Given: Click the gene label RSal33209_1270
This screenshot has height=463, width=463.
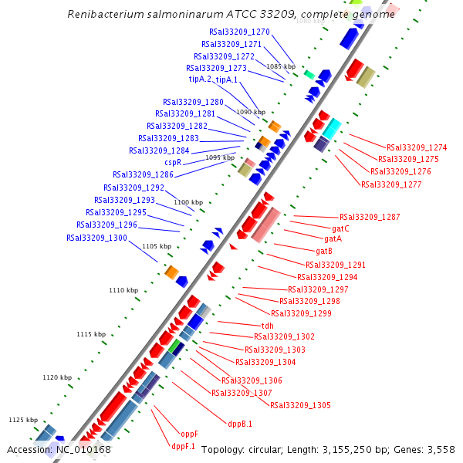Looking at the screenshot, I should [239, 32].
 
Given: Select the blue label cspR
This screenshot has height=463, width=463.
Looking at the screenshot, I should [173, 163].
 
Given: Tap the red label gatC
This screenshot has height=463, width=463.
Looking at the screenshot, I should [340, 228].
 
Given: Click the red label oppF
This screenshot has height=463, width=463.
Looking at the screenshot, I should [189, 434].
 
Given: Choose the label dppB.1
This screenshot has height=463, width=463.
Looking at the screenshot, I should [240, 424].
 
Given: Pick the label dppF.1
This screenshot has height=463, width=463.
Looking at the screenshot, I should [183, 446].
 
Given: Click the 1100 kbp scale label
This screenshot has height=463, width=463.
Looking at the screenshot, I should [188, 202].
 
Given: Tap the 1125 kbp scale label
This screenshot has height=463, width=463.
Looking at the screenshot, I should [23, 420].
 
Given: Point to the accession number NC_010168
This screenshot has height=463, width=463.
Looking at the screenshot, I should [83, 450].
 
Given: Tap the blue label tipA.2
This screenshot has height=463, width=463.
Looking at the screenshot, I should [200, 79].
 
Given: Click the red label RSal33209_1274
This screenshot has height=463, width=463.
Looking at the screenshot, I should [417, 147].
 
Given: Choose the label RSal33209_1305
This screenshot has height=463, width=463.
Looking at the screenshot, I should [300, 405].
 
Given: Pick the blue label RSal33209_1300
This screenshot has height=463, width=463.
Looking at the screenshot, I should [96, 238].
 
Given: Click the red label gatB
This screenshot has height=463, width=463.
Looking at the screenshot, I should [324, 251].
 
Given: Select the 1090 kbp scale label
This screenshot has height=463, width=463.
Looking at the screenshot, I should [251, 112].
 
